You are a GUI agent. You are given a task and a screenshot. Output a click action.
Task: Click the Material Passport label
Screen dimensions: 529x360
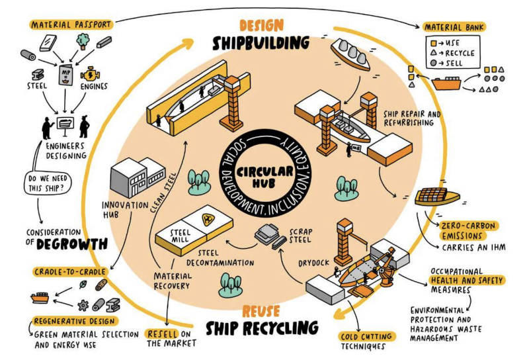[x=71, y=24]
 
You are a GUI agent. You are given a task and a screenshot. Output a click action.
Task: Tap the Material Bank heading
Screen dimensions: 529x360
[x=454, y=27]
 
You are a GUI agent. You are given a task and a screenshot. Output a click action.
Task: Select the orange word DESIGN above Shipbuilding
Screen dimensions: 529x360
[x=261, y=26]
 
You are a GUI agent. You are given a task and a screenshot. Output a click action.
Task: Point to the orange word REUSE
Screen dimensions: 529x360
[x=261, y=310]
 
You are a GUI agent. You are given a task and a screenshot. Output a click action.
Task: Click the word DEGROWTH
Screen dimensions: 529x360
[x=72, y=244]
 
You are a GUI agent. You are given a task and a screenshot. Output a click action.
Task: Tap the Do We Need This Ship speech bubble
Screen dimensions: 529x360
[x=48, y=183]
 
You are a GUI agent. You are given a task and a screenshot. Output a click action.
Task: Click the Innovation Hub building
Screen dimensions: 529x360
[x=138, y=177]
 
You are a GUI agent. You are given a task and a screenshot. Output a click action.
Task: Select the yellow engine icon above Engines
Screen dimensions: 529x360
[x=91, y=74]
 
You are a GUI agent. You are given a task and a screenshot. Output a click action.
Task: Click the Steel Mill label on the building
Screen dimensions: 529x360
[x=181, y=236]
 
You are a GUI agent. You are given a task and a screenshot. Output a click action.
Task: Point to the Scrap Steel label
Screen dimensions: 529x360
[x=301, y=236]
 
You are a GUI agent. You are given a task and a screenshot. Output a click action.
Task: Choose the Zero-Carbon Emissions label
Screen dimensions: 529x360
[x=469, y=231]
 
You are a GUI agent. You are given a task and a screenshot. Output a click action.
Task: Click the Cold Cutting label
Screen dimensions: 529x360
[x=366, y=336]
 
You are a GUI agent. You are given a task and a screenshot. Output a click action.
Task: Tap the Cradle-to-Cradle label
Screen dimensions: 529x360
[x=70, y=272]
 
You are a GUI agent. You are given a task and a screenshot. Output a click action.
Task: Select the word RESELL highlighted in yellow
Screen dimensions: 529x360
[x=162, y=334]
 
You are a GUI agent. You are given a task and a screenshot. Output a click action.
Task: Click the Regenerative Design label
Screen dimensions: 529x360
[x=75, y=321]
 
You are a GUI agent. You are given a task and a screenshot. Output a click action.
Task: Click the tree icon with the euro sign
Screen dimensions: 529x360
[x=82, y=41]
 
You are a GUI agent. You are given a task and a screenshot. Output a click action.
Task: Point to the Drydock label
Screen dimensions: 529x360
[x=313, y=263]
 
